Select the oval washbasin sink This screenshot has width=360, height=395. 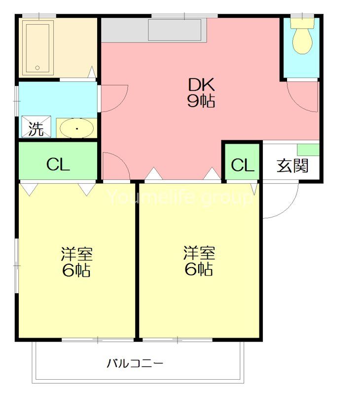coord(76,129)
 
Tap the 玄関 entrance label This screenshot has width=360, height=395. coord(292,166)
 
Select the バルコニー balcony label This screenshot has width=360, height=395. coord(135,365)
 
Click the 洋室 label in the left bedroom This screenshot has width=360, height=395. coord(76,255)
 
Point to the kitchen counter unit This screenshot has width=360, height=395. coord(175,31)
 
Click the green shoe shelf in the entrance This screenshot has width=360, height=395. coord(308,149)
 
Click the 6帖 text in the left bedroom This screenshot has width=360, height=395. coord(76,271)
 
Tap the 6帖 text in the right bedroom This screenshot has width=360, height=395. coord(199,269)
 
